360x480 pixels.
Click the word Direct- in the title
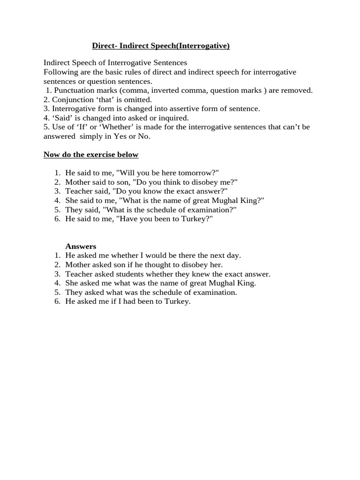pyautogui.click(x=105, y=46)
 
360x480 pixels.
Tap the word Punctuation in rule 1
pyautogui.click(x=75, y=90)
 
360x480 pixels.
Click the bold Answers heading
pyautogui.click(x=81, y=247)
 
